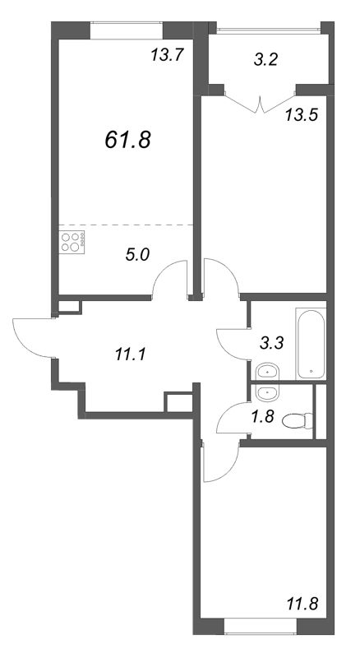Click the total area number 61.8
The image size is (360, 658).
(x=127, y=140)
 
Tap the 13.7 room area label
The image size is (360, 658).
(x=168, y=55)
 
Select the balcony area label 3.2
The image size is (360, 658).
(x=266, y=60)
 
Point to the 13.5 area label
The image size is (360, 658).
(x=302, y=114)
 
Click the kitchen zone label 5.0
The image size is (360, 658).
(x=137, y=255)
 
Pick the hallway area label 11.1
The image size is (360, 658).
(x=130, y=355)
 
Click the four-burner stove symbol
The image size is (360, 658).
(x=72, y=242)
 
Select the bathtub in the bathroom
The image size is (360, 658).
(x=311, y=344)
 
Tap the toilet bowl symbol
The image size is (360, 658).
(x=298, y=421)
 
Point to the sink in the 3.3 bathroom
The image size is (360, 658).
(x=266, y=372)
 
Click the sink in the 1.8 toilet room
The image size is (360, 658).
(x=266, y=394)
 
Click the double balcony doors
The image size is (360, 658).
(x=261, y=104)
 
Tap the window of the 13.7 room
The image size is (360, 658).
(x=127, y=30)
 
